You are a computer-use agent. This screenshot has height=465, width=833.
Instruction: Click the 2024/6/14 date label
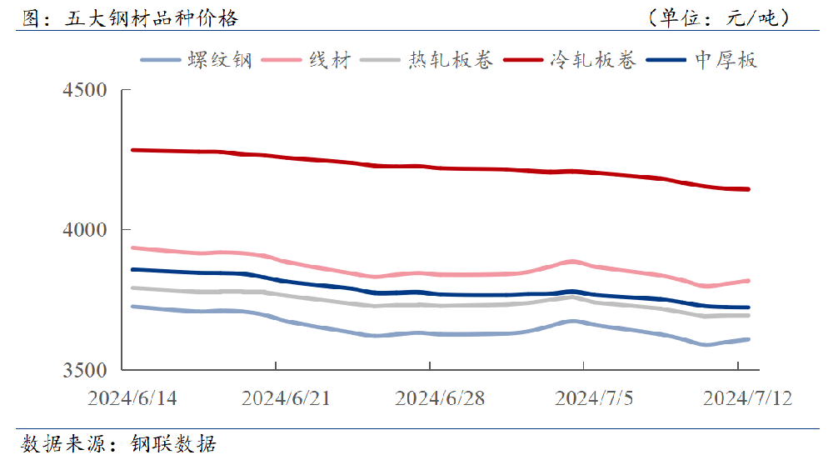tap(132, 397)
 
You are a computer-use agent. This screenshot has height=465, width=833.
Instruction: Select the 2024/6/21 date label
tap(286, 397)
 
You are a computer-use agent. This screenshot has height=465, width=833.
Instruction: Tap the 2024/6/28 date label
tap(440, 397)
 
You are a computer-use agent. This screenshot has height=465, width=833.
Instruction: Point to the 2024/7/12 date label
tap(747, 397)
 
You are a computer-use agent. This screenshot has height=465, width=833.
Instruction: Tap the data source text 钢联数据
tap(173, 444)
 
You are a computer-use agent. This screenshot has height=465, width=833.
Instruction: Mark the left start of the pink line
tap(132, 247)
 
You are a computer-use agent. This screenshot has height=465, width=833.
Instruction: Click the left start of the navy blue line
tap(132, 269)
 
